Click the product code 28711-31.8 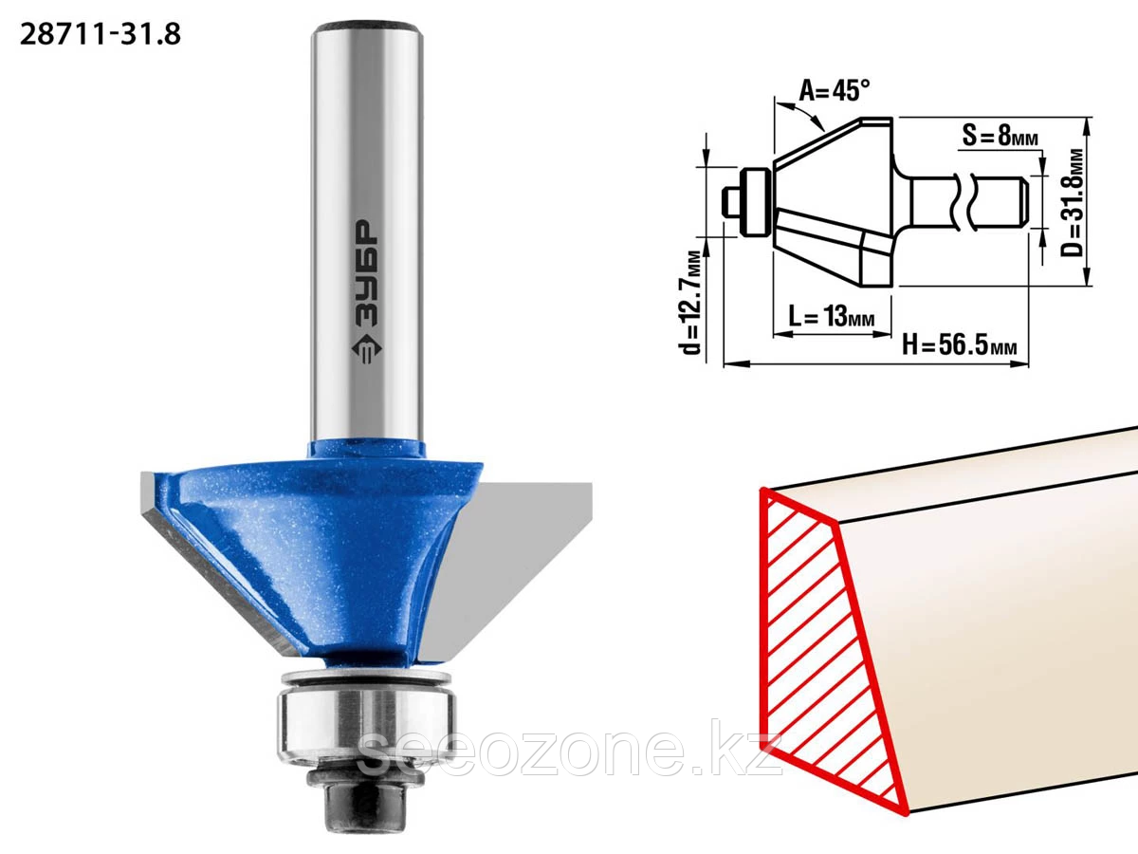pos(101,35)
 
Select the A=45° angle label pos(835,91)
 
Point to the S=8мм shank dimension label pos(1000,136)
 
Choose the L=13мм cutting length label pos(832,315)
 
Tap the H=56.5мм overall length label pos(960,344)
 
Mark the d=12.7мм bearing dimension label pos(691,303)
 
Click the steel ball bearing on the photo pos(367,725)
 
